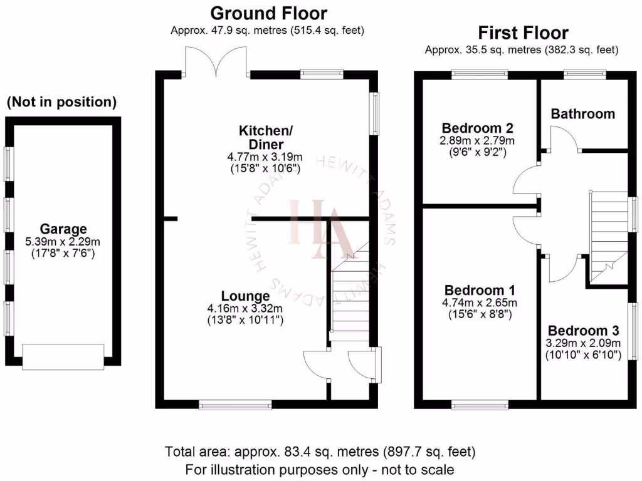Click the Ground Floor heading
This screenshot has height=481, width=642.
click(268, 13)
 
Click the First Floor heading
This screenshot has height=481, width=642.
click(523, 33)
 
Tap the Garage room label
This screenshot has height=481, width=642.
click(63, 229)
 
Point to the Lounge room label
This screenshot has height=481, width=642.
click(245, 296)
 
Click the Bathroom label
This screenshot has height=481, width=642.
click(582, 114)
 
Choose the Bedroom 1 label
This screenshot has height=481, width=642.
click(480, 291)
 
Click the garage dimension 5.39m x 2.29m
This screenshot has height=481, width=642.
click(63, 242)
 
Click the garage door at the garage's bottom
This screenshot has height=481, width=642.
click(63, 357)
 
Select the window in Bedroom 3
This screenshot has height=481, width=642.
click(633, 332)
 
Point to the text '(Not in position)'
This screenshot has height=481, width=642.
click(61, 101)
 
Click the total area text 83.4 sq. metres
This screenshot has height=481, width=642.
click(320, 452)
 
